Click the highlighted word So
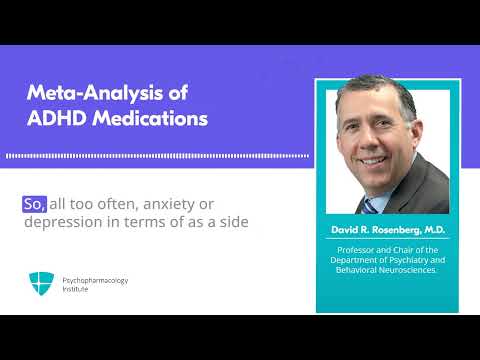[x=34, y=203]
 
